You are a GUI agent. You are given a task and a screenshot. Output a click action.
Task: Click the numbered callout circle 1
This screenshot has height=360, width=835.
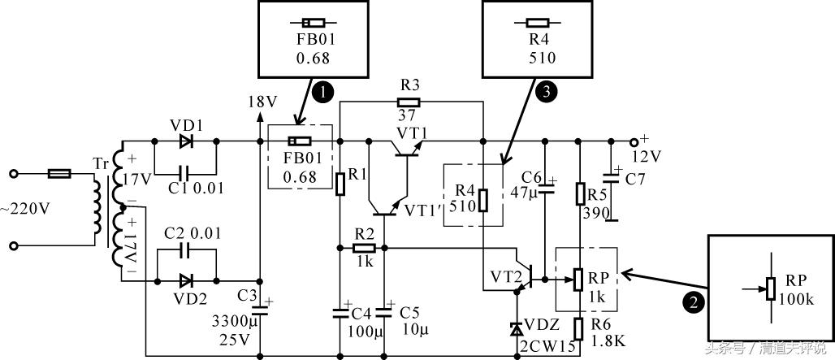[322, 93]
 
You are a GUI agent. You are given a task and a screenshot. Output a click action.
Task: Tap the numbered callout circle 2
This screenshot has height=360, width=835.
[692, 303]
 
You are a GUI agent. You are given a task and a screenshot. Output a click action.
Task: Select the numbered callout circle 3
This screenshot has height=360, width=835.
[546, 91]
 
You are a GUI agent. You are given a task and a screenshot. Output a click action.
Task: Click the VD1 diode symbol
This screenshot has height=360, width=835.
[186, 140]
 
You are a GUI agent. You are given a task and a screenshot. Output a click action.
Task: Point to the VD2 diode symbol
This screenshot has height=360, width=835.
[186, 280]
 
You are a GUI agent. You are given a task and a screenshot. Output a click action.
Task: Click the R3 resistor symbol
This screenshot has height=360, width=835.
[409, 102]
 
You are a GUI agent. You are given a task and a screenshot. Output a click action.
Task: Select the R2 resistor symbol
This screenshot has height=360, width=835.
[365, 248]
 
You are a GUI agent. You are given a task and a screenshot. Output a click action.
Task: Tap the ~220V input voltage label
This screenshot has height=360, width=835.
[24, 208]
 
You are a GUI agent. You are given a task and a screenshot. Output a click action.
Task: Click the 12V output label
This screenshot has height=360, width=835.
[646, 155]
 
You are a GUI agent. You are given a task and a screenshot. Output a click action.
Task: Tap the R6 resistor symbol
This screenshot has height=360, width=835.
[578, 327]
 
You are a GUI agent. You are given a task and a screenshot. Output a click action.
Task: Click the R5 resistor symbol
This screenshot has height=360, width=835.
[579, 194]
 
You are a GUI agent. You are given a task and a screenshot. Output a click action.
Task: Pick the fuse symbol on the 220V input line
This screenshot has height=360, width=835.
[60, 173]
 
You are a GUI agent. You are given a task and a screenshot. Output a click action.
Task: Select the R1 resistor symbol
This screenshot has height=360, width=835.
[341, 184]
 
